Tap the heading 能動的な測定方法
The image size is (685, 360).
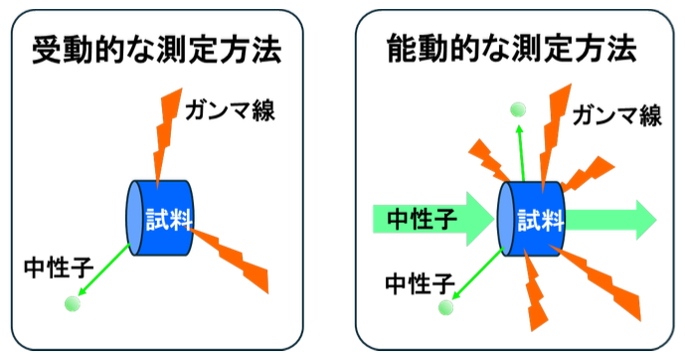512,50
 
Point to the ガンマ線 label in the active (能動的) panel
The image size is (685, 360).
616,115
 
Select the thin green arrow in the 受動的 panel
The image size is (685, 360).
103,270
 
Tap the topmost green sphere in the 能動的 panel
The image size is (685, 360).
516,109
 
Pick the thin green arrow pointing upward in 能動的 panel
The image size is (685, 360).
520,149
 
